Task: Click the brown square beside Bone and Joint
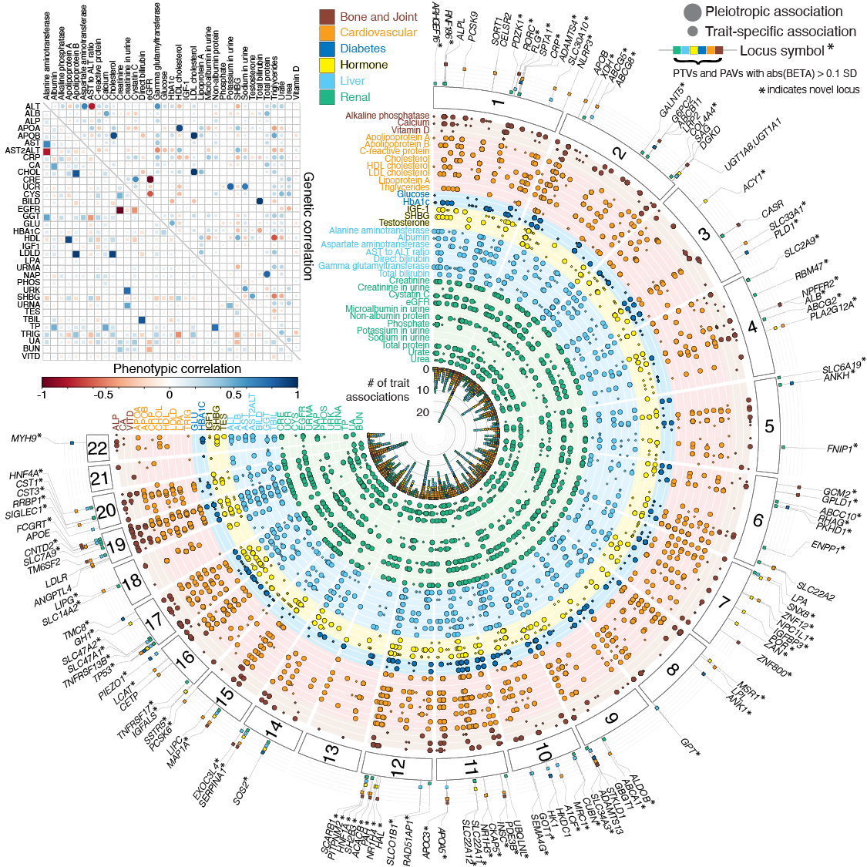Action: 327,17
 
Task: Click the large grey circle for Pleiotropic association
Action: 692,12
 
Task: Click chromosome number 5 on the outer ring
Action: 769,426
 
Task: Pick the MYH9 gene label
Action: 26,439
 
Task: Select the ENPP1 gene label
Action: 828,548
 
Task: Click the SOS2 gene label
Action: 241,789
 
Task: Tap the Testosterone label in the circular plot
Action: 404,223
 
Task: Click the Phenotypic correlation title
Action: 176,368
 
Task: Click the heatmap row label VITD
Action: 31,357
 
